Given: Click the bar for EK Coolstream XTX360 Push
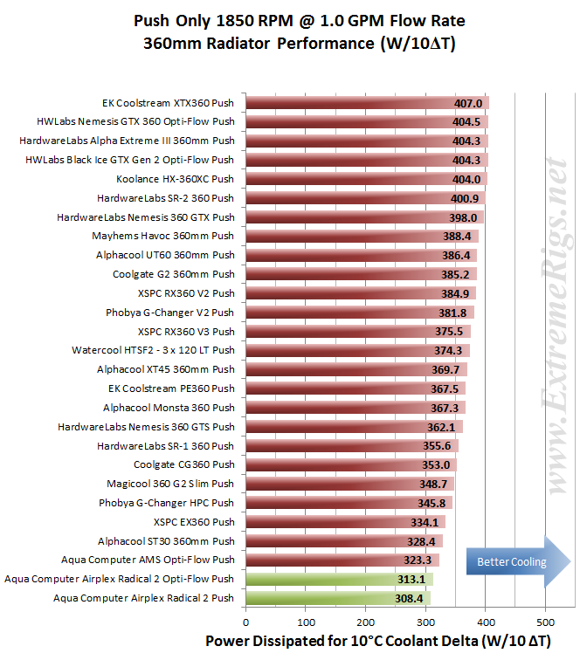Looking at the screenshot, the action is point(367,103).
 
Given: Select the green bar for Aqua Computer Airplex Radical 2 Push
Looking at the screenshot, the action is point(338,598).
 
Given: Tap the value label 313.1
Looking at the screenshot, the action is point(411,580).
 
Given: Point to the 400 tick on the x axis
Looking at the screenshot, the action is point(486,622).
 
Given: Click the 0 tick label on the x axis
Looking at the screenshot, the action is point(246,622).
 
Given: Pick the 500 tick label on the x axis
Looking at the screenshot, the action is point(546,622).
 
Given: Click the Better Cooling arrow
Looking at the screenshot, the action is point(518,561).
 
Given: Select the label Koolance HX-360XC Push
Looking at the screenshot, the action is point(176,179).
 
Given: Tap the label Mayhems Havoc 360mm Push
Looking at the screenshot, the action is point(163,236).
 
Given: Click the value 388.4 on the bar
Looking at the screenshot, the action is point(457,236).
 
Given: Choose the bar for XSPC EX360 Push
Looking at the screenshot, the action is point(346,522).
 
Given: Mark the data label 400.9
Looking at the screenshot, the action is point(465,198).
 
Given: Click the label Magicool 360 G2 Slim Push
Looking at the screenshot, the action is point(170,484).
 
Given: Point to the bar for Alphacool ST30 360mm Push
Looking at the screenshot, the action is point(344,541).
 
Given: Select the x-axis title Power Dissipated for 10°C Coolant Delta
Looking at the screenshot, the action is point(342,641).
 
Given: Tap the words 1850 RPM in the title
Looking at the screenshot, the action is point(254,21).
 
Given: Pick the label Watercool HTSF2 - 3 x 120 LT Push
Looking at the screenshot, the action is point(153,350).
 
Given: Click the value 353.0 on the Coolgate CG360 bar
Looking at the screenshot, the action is point(436,465).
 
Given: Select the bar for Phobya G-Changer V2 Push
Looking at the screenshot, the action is point(360,313).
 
